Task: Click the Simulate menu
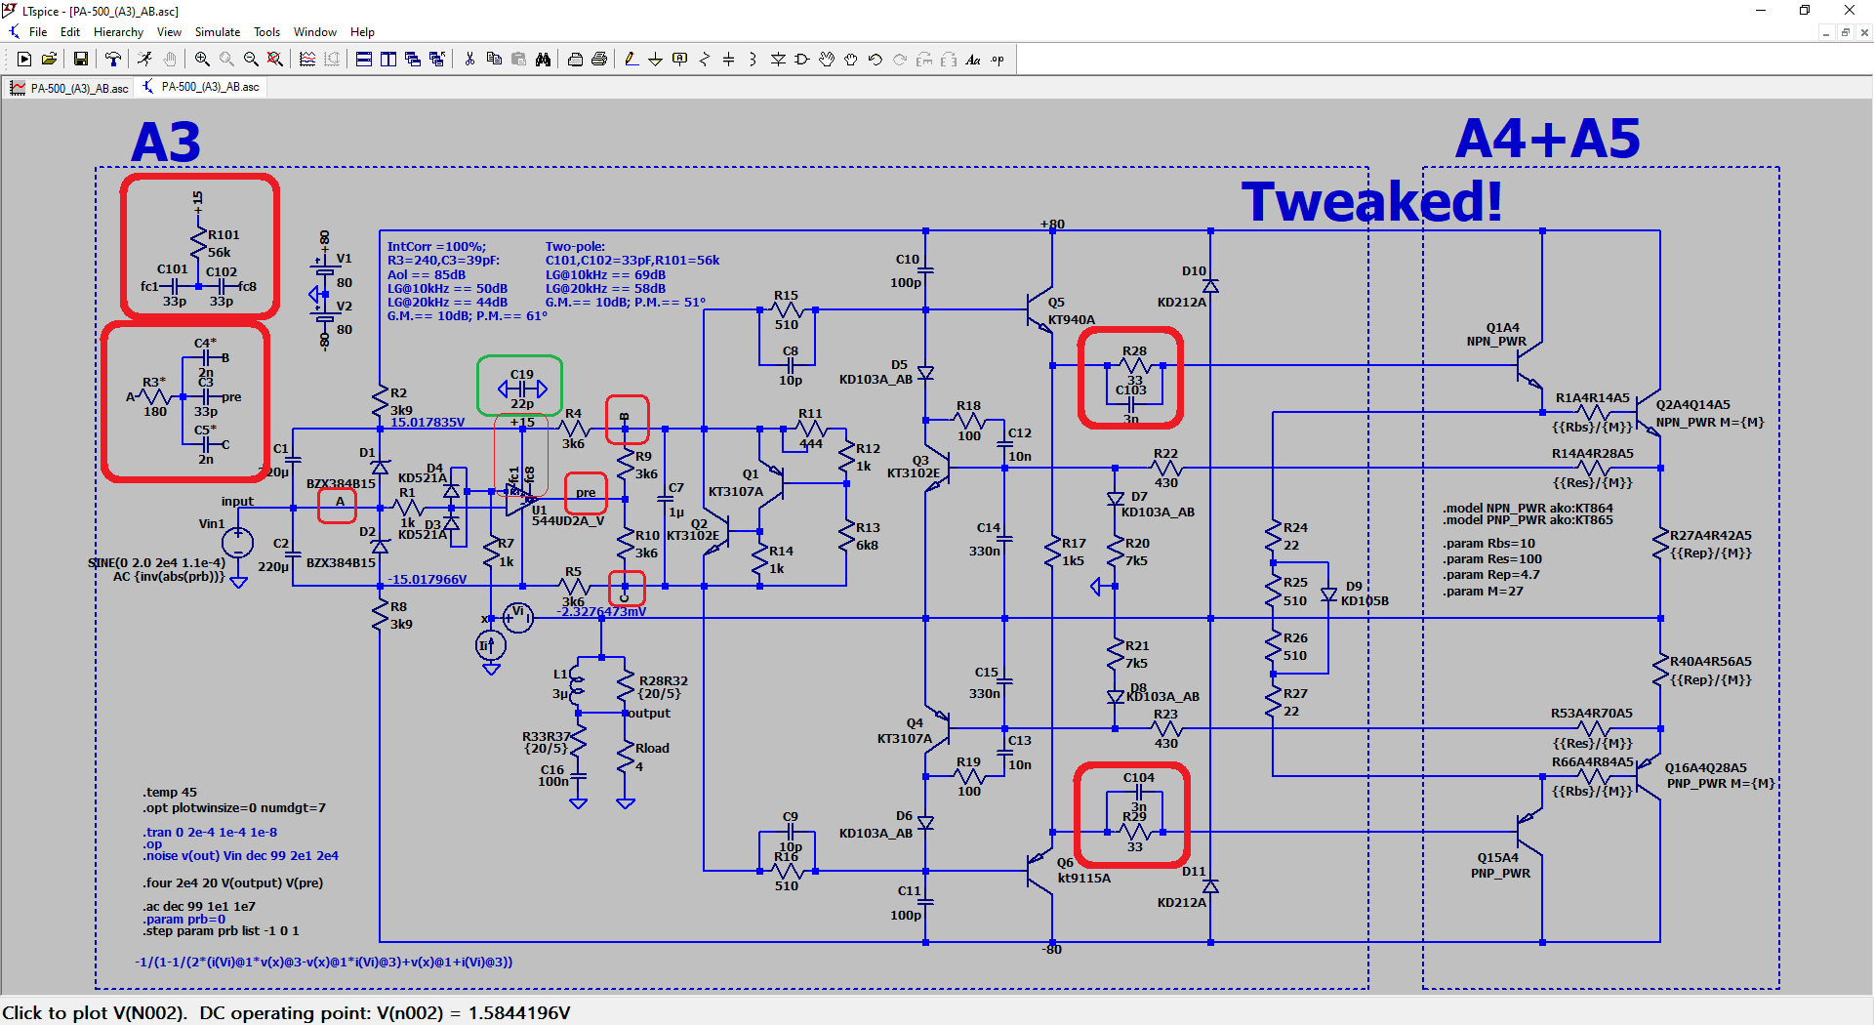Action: [217, 32]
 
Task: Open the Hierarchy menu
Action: [118, 32]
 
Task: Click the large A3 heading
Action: [166, 143]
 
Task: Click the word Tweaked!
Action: [1371, 202]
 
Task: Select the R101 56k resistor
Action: [198, 242]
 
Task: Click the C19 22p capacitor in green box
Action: [522, 389]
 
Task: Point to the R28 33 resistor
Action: [1135, 366]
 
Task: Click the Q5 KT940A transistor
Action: [1040, 310]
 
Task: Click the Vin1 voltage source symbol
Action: [237, 543]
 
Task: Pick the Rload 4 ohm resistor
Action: [627, 757]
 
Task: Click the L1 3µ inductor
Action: [578, 686]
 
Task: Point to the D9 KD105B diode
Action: [1328, 594]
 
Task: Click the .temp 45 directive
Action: [170, 793]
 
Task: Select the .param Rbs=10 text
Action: [1488, 544]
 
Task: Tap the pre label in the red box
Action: [586, 493]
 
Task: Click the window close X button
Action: [1849, 11]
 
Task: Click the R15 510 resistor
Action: [787, 310]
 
